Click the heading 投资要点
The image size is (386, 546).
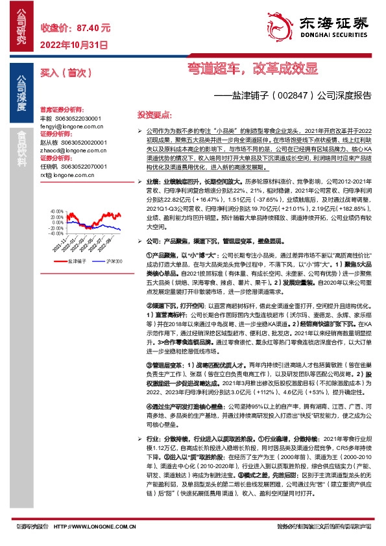point(154,114)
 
